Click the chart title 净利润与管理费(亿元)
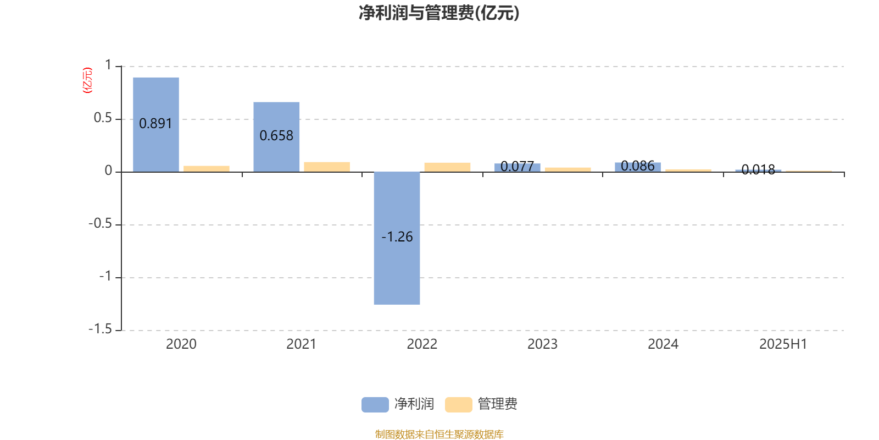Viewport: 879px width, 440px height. (x=439, y=13)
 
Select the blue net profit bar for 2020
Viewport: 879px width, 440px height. (x=156, y=124)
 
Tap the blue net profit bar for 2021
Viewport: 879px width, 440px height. (x=276, y=137)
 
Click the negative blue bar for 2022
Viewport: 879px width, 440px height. (x=397, y=238)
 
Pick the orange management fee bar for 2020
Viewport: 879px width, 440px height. (x=207, y=169)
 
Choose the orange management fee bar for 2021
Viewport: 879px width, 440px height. (x=327, y=167)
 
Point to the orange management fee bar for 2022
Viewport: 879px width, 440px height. (x=447, y=167)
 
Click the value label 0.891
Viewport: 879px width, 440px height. (x=155, y=124)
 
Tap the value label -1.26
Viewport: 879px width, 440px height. (x=397, y=237)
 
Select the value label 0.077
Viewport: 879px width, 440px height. (x=517, y=166)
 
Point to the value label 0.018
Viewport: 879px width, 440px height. (x=758, y=169)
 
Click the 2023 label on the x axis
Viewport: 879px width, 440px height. (x=542, y=344)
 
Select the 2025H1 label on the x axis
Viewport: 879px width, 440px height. (x=783, y=344)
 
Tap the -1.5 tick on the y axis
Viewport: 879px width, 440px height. (x=101, y=329)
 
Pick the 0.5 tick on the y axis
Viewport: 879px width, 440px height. (x=103, y=118)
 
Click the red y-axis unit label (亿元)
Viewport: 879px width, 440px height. (x=87, y=80)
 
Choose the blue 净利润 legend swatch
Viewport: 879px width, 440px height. (x=375, y=405)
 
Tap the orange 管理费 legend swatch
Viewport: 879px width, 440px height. (x=458, y=405)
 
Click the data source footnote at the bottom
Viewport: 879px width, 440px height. (x=439, y=434)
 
